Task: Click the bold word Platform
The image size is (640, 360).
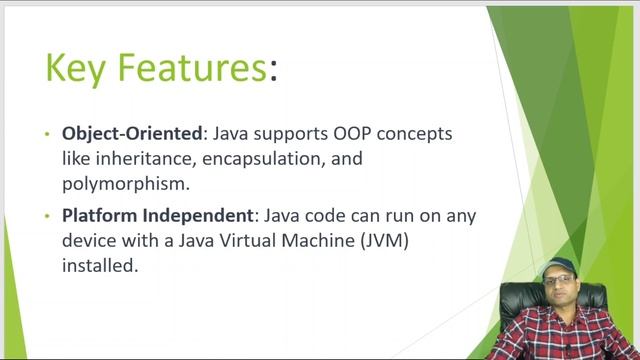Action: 99,215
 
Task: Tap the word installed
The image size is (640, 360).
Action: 97,267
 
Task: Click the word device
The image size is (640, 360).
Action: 89,241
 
